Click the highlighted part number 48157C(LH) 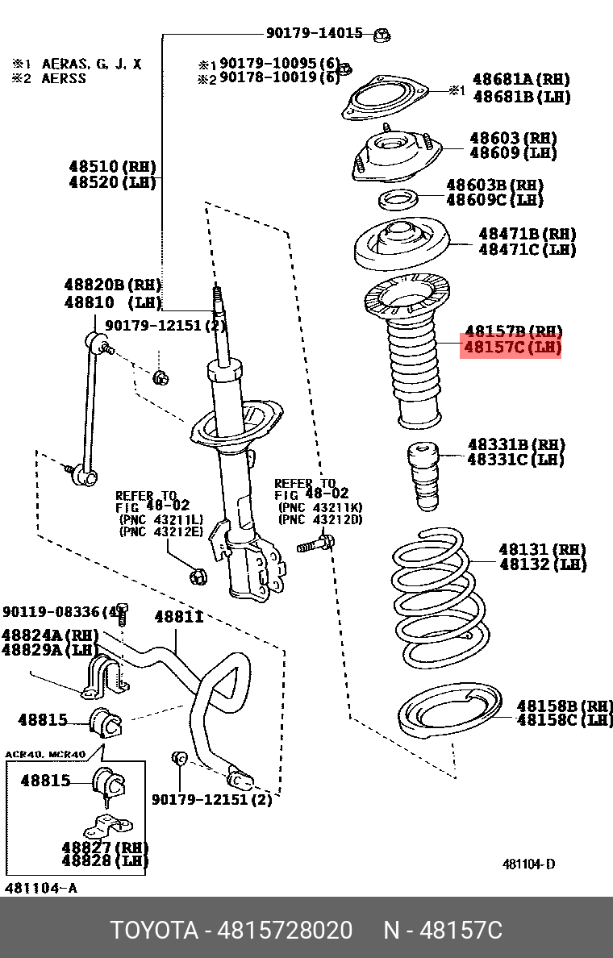coord(511,348)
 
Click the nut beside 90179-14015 coord(383,34)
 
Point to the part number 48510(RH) coord(112,167)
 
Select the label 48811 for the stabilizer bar coord(178,617)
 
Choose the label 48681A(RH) coord(520,80)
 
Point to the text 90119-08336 coord(55,612)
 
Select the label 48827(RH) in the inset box coord(105,848)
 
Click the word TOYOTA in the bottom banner coord(153,931)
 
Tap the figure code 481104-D coord(528,864)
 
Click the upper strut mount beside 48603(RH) coord(395,156)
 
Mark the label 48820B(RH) coord(112,285)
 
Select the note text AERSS coord(64,78)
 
